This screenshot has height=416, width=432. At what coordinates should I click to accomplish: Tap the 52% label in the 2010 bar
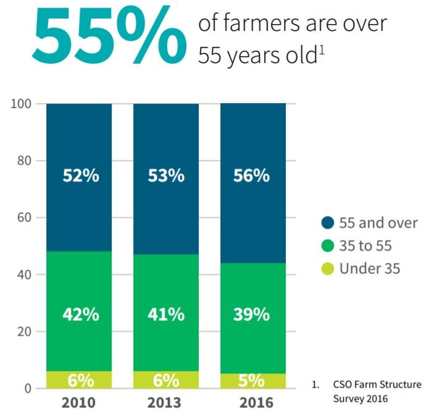[x=80, y=175]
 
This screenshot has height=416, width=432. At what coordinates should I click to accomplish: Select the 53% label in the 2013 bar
[x=166, y=175]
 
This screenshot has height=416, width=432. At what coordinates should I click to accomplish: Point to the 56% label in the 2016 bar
[x=251, y=175]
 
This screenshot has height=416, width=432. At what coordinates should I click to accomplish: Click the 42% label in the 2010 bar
[x=80, y=314]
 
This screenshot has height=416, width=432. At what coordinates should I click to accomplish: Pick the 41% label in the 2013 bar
[x=166, y=314]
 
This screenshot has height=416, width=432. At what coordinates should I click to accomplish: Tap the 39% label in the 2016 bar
[x=251, y=314]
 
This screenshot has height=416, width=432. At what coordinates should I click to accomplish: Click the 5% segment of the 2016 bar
[x=252, y=381]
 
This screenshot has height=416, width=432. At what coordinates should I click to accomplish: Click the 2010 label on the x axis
[x=78, y=403]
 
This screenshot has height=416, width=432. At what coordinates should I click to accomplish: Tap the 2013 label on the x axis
[x=166, y=403]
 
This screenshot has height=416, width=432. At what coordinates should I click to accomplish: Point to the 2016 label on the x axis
[x=252, y=403]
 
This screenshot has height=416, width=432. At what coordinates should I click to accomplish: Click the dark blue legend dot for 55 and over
[x=328, y=223]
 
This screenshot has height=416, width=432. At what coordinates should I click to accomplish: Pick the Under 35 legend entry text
[x=370, y=268]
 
